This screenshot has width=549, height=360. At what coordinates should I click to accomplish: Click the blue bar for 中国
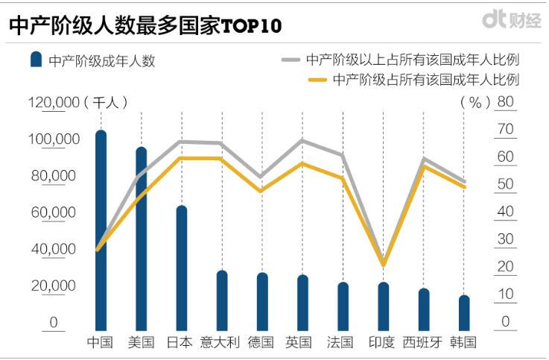pos(101,231)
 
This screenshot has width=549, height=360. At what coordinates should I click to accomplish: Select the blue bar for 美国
pos(141,239)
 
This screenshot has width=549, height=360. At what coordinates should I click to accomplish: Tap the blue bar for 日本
pos(181,268)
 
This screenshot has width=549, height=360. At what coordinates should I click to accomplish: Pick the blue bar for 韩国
pos(463,313)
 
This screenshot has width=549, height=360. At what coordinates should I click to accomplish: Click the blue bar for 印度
pos(383,306)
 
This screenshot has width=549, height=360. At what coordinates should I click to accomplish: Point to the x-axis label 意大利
pos(221,343)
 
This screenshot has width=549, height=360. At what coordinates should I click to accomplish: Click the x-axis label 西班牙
pos(422,343)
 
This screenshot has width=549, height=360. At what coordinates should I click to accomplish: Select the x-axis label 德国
pos(261,343)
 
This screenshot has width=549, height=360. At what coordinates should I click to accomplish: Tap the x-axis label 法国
pos(342,343)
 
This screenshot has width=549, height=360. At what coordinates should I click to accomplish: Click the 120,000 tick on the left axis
pos(53,102)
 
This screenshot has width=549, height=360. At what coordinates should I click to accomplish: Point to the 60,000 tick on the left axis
pos(53,212)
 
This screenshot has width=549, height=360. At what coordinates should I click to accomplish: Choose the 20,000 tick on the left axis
pos(53,285)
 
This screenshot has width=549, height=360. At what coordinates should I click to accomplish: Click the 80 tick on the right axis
pos(505,102)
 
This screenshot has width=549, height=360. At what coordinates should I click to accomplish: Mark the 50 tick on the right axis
pos(505,185)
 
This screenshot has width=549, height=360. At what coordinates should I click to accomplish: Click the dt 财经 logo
pos(510,21)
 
